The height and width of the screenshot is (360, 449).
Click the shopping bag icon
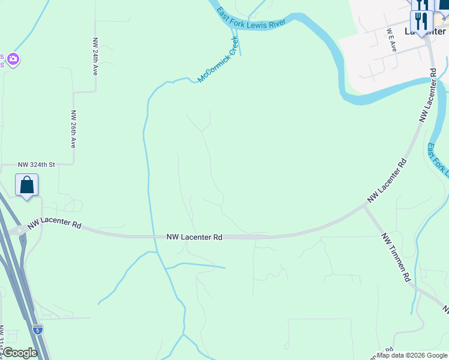coord(27,185)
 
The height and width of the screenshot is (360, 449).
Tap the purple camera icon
coord(13,59)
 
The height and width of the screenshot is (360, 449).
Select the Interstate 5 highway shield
coord(38,329)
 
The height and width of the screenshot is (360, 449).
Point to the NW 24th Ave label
coord(95,57)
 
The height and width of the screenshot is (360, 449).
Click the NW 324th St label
coord(36,164)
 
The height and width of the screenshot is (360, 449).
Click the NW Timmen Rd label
coord(396,258)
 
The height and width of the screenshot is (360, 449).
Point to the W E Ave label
coord(391,40)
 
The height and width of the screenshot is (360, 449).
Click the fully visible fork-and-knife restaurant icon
coord(421,23)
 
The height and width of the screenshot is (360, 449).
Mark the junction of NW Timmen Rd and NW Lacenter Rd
coord(366,207)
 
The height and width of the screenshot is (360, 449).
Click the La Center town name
coord(425,31)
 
